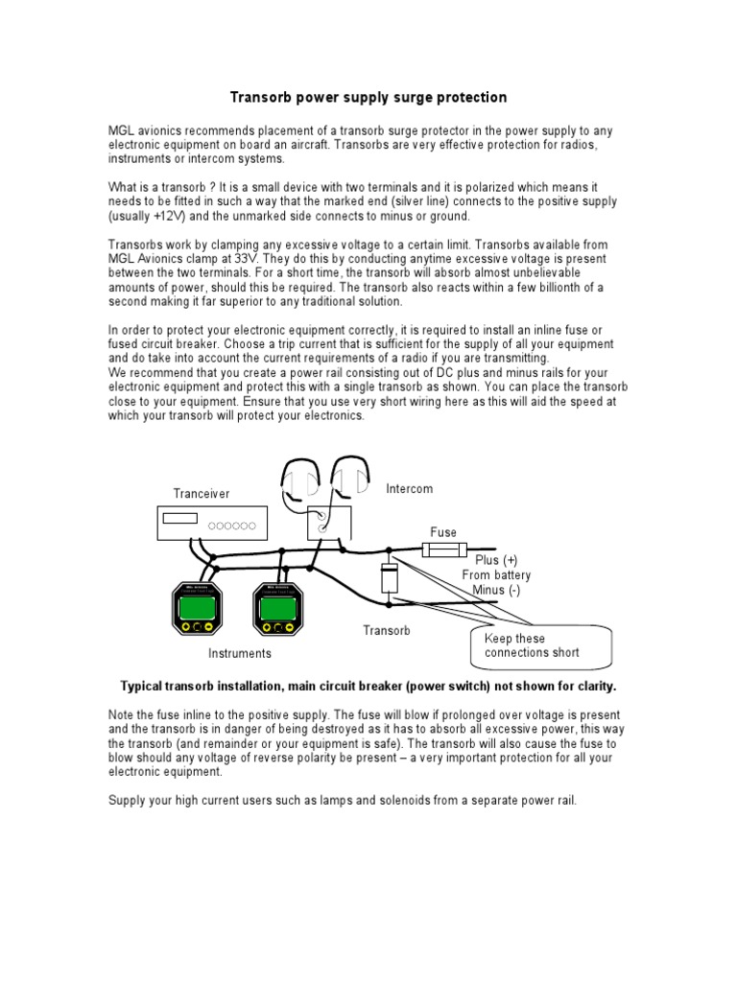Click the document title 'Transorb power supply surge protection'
368,98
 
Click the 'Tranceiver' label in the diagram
202,493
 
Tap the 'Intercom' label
410,489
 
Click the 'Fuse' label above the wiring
443,532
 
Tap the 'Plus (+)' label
496,559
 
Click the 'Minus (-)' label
495,590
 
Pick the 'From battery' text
496,574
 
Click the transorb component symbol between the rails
389,578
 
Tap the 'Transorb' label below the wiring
387,630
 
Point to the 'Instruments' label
240,653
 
